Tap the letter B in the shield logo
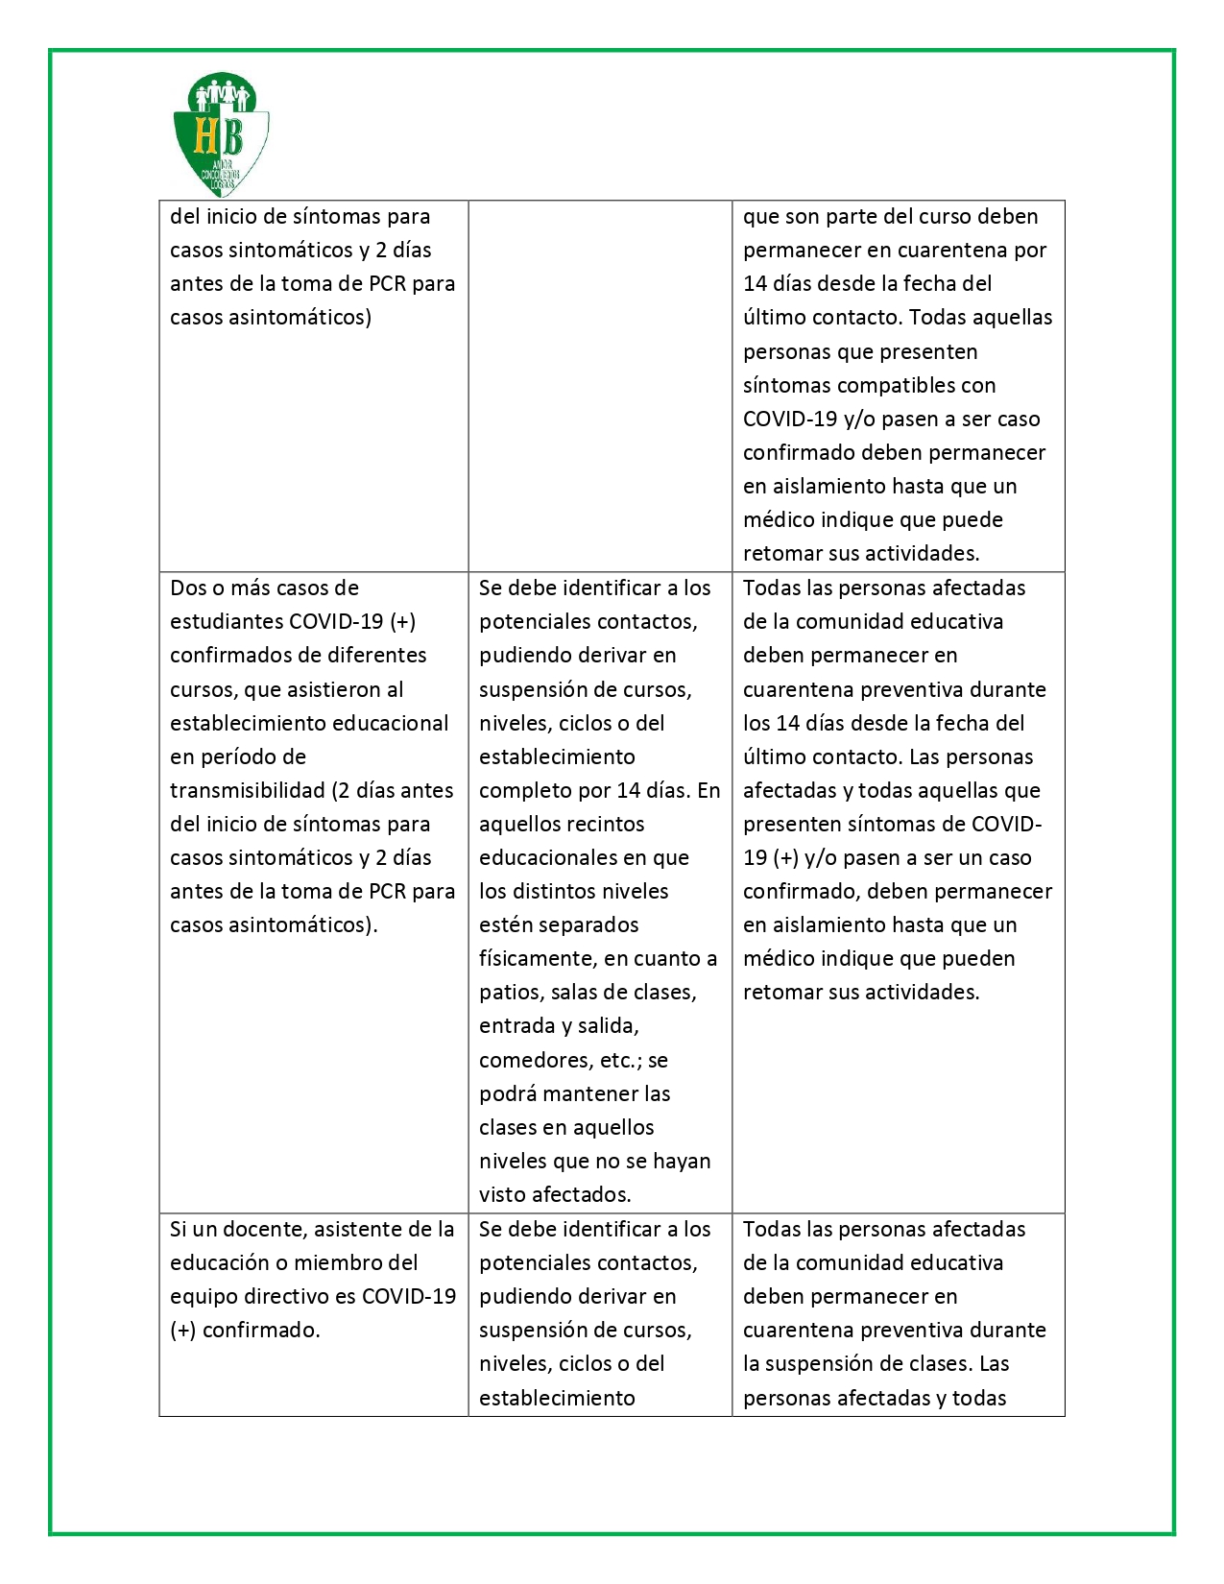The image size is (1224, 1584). [231, 135]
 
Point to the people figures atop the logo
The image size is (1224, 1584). [222, 95]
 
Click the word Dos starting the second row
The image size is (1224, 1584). [188, 588]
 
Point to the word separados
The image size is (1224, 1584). [590, 924]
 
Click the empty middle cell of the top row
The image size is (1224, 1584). [600, 385]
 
